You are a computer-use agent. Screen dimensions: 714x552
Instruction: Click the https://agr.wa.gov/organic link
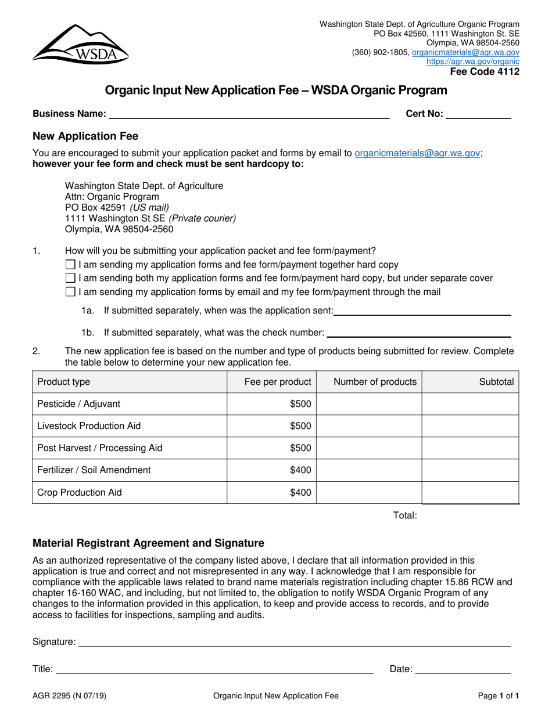[x=472, y=62]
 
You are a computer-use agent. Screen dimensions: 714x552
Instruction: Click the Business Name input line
[x=249, y=114]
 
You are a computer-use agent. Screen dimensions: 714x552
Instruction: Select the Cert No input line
[x=478, y=114]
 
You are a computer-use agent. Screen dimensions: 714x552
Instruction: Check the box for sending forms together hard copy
[x=71, y=265]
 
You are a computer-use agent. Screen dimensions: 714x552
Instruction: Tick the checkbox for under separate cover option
[x=71, y=278]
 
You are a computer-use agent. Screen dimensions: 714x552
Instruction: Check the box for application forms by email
[x=71, y=291]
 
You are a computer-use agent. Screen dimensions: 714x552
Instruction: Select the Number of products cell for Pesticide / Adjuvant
[x=369, y=404]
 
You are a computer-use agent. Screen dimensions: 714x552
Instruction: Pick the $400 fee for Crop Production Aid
[x=300, y=493]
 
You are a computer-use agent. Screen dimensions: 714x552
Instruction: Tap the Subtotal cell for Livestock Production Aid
[x=470, y=426]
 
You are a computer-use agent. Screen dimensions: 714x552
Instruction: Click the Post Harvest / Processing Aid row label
[x=99, y=448]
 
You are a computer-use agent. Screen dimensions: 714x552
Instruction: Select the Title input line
[x=214, y=669]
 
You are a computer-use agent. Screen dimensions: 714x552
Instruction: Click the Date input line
[x=463, y=669]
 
